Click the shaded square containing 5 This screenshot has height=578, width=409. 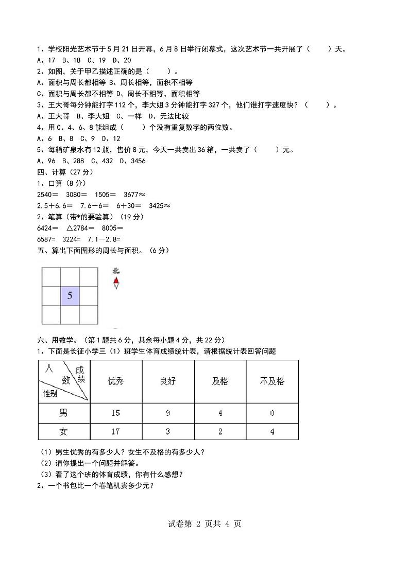[x=70, y=296]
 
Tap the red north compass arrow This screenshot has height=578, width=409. [x=116, y=281]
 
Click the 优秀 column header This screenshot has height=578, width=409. [x=116, y=381]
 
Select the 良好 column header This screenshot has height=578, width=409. [x=168, y=381]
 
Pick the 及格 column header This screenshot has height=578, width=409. [x=220, y=381]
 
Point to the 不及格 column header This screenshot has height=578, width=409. [x=272, y=381]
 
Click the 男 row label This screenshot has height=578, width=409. [x=63, y=413]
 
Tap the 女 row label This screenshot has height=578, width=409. [x=63, y=432]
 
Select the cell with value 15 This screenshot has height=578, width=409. [x=116, y=413]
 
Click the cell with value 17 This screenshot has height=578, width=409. [x=116, y=432]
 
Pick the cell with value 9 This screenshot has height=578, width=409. [x=168, y=413]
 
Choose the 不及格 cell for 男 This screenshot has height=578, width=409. [x=272, y=413]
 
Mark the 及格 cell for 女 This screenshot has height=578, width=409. [x=220, y=432]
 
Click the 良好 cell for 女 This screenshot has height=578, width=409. [x=168, y=432]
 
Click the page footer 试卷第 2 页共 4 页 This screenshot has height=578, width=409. [x=204, y=524]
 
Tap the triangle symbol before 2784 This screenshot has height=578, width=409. [x=70, y=227]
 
